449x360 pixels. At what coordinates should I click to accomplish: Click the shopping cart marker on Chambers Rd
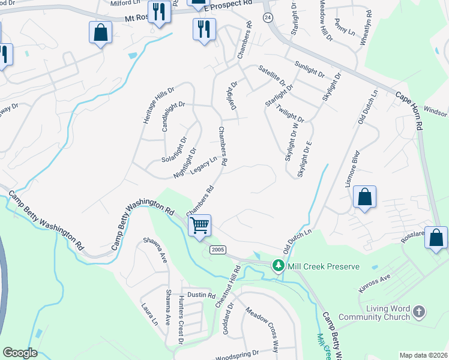[x=200, y=226]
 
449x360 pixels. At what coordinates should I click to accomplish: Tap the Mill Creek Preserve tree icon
[x=278, y=265]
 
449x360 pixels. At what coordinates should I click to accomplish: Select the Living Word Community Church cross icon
[x=419, y=311]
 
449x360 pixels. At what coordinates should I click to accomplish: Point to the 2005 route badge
[x=217, y=248]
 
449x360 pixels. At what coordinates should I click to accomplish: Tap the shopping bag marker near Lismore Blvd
[x=364, y=197]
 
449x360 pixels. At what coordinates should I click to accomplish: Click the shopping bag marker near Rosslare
[x=436, y=238]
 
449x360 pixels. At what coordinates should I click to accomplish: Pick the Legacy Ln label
[x=203, y=166]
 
